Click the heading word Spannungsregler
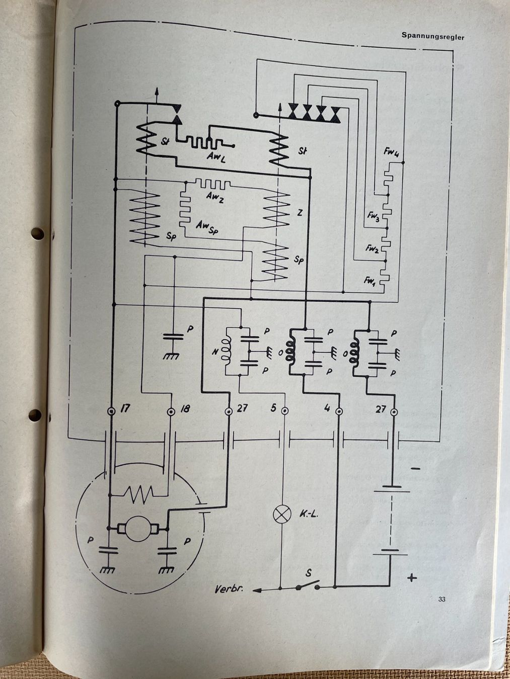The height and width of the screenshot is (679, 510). point(432,36)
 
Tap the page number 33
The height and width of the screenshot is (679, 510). point(442,599)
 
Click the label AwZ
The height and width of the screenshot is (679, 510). point(214,198)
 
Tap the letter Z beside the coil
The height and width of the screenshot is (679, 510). point(300,213)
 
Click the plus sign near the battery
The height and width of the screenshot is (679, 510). point(412,578)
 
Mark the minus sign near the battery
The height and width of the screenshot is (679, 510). point(415,469)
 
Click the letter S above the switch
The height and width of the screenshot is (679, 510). point(309,573)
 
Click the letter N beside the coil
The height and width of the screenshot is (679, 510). point(215,352)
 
